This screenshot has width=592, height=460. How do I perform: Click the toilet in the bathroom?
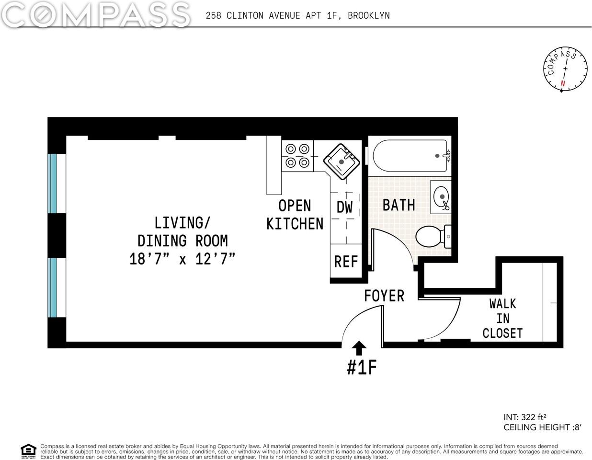point(431,237)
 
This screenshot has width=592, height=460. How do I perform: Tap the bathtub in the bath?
point(410,156)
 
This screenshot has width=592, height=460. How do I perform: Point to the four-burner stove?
point(297,156)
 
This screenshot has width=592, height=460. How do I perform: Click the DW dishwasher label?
point(344,207)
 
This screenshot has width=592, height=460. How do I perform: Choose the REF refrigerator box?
point(346,262)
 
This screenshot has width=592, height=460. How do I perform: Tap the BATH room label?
point(398,205)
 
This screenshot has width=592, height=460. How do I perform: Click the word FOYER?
point(384,296)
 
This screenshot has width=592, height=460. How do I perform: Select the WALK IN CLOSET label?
point(502,318)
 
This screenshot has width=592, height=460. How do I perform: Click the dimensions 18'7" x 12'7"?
point(182,259)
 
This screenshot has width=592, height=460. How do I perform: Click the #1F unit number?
point(362,368)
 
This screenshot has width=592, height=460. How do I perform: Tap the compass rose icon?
point(565,69)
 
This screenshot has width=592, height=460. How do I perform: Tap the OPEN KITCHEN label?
point(295,215)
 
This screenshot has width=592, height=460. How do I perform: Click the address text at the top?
point(297,15)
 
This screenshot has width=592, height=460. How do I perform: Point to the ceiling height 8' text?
point(542,427)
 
